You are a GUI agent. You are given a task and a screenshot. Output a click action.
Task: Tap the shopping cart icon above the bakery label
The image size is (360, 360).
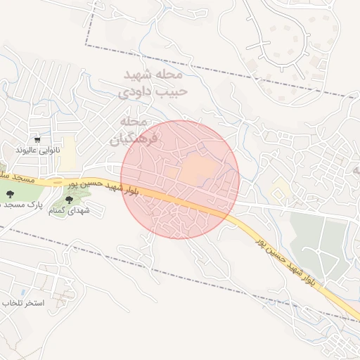pos(37,141)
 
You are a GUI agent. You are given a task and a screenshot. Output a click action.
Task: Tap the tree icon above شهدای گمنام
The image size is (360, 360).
pos(68,200)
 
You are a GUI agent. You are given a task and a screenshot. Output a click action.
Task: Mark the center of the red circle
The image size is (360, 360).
pos(181,179)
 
